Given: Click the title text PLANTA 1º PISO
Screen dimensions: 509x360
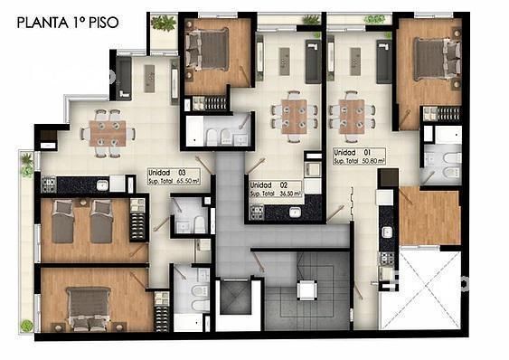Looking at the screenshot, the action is [x=68, y=23].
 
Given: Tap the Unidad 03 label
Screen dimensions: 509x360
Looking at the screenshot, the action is [x=167, y=173].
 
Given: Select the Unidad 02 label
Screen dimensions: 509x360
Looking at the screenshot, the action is [x=269, y=185].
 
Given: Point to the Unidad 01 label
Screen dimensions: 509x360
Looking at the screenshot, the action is [x=352, y=152].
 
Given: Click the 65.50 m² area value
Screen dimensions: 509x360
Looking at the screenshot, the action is [x=188, y=181].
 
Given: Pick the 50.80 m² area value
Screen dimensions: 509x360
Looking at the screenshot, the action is [x=373, y=161].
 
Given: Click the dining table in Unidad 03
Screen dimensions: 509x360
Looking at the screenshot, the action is [x=108, y=133].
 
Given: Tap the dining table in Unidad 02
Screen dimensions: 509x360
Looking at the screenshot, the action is [x=294, y=117].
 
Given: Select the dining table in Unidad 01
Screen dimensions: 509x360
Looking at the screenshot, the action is [x=352, y=117].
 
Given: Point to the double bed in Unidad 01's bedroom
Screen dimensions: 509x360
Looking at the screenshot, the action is [x=438, y=59].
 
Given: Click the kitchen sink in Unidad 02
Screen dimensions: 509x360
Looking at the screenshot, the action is [x=295, y=213].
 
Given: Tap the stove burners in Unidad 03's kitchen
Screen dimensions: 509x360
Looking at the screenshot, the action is [x=49, y=185].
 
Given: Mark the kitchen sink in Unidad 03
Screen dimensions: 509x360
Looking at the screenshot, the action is [x=102, y=185].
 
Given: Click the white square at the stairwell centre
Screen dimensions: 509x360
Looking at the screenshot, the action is [x=306, y=289].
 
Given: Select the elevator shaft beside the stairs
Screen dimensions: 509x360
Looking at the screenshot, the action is [x=235, y=298].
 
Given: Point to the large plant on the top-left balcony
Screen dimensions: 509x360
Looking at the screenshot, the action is [x=164, y=23].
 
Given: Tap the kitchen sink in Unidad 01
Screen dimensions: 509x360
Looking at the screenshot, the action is [x=387, y=232].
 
